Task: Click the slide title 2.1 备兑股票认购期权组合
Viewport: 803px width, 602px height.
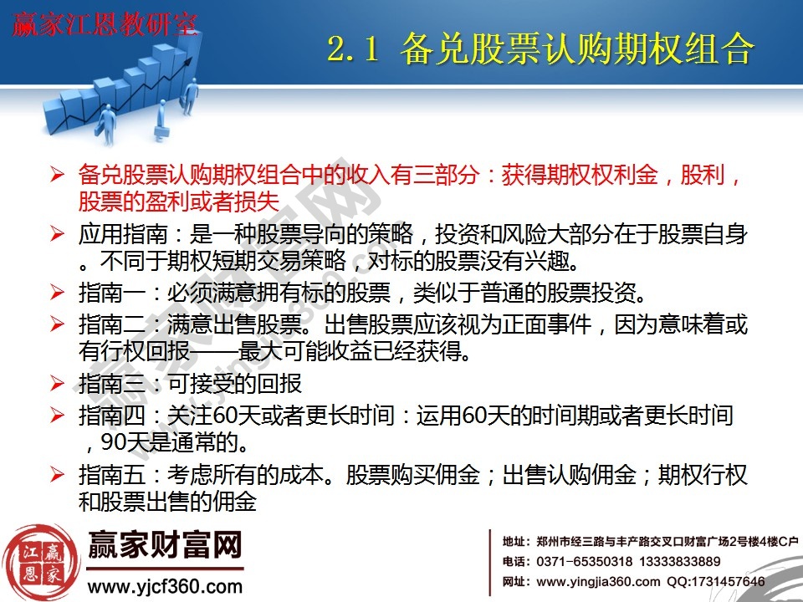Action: pos(540,49)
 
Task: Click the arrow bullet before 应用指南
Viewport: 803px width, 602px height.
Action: pos(57,233)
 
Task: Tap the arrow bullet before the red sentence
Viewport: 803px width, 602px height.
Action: pos(57,176)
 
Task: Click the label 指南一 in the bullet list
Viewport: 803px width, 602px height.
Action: pos(105,293)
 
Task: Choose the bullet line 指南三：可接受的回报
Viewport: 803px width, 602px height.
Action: pos(190,384)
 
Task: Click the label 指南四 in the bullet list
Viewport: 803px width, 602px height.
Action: pos(105,414)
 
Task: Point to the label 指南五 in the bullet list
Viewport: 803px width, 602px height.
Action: pos(105,476)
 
